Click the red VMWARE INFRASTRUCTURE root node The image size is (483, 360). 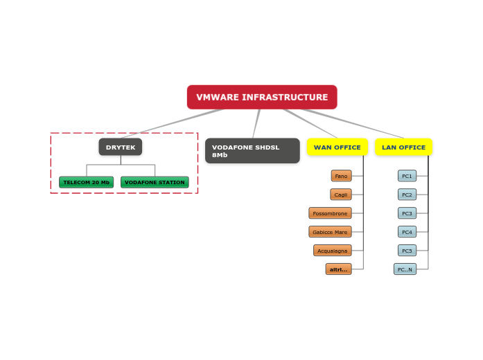point(262,97)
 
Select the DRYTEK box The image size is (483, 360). point(121,147)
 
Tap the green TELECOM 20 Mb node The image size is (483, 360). point(87,182)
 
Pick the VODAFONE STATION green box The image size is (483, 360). point(155,182)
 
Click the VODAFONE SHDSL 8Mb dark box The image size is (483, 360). point(252,151)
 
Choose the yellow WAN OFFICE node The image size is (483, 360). point(337,147)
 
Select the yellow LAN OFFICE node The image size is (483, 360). point(403,147)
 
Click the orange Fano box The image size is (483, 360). point(341,176)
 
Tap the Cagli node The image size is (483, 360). point(341,195)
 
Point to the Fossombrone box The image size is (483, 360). point(330,213)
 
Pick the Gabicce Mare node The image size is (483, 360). point(330,232)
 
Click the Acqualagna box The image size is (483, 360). point(332,251)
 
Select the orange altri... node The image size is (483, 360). point(338,269)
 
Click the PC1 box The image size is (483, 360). point(407,176)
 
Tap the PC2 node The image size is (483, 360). point(407,195)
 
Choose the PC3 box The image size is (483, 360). point(407,213)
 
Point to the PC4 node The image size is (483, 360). point(407,232)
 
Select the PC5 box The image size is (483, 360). point(407,251)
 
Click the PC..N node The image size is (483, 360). point(405,269)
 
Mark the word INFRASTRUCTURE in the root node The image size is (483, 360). point(284,97)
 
